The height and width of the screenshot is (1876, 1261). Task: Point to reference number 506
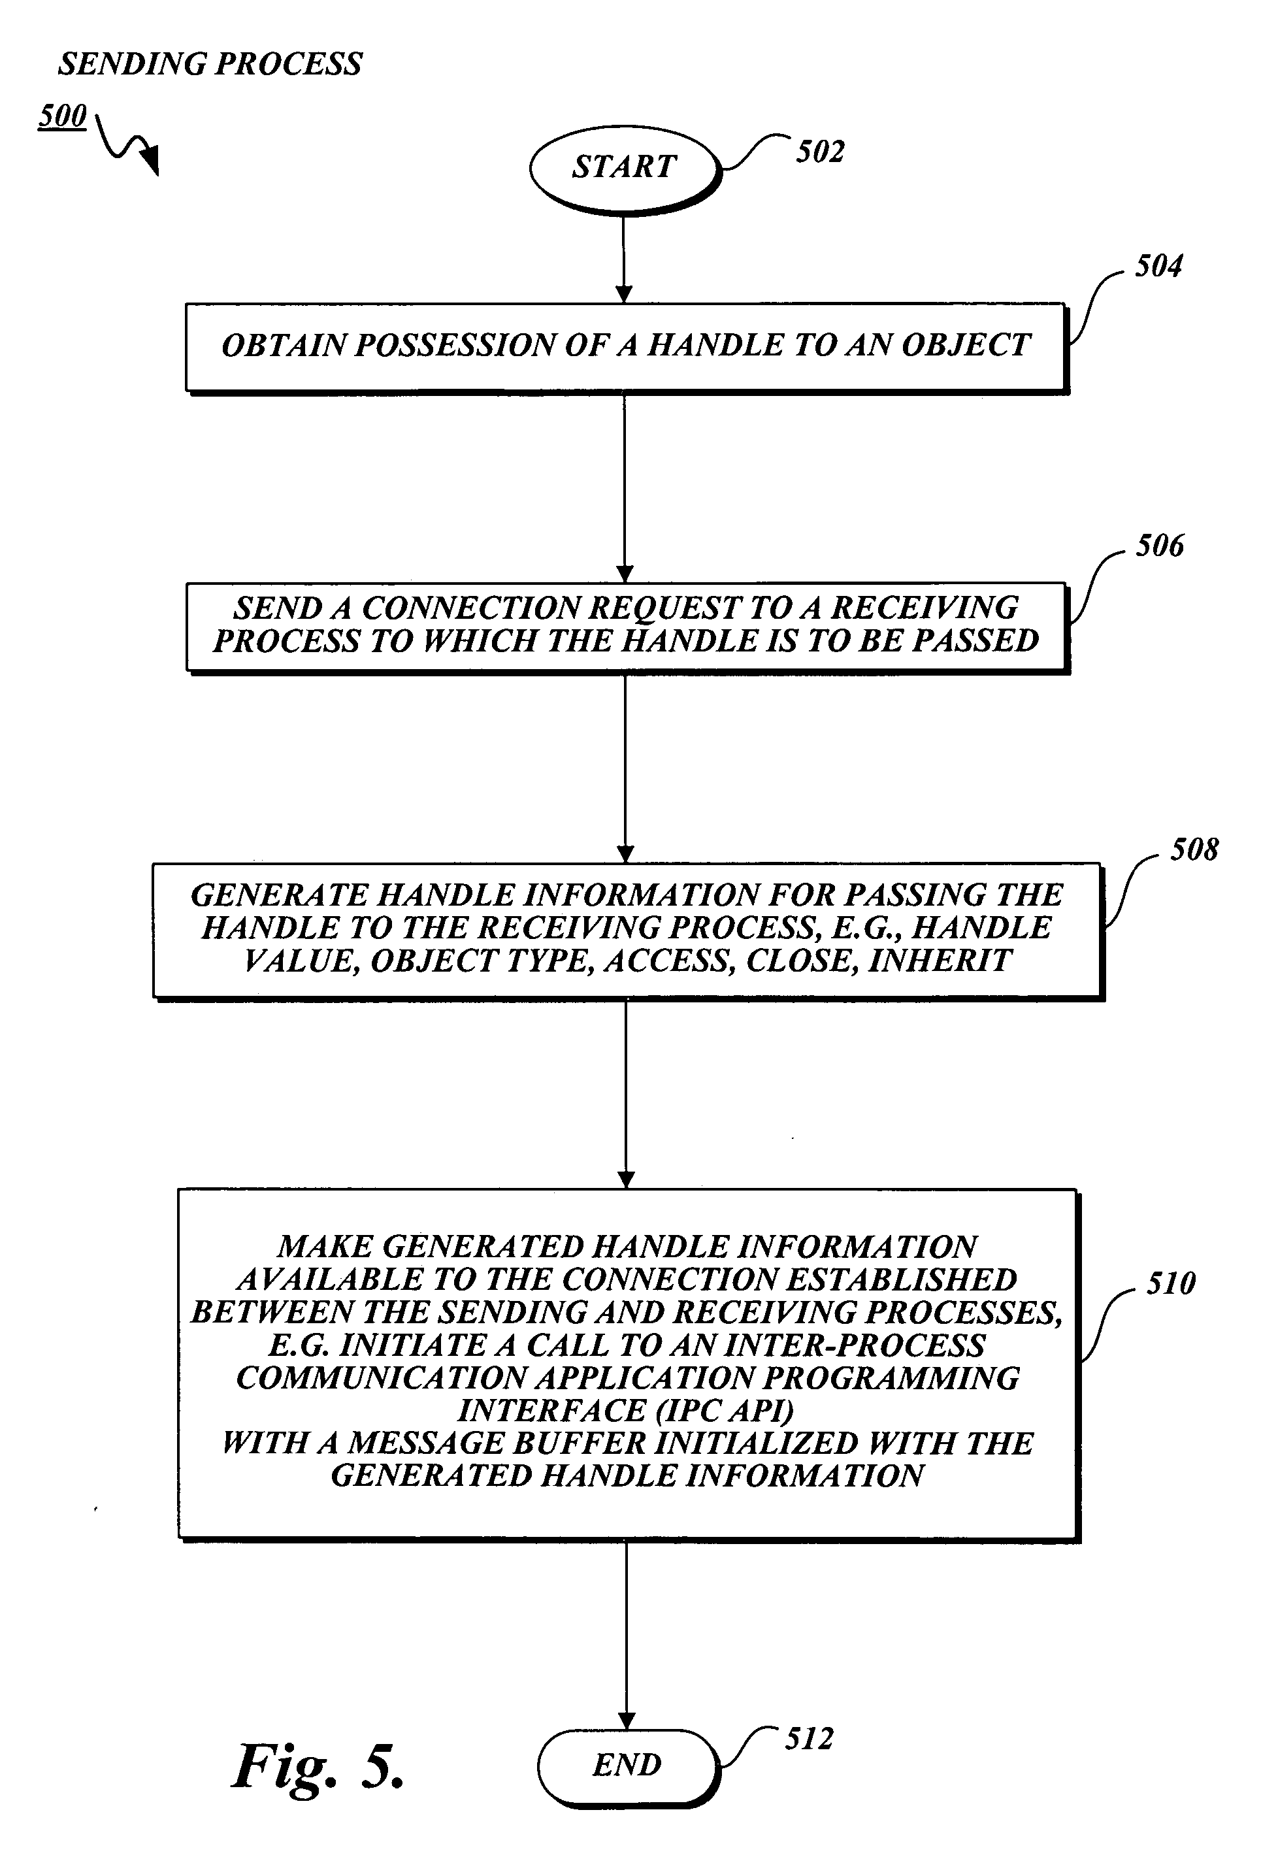tap(1159, 546)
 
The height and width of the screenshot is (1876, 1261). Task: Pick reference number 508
tap(1194, 849)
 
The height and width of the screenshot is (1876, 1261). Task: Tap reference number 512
tap(809, 1739)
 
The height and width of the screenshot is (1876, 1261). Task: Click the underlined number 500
tap(62, 116)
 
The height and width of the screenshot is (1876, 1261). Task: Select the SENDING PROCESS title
tap(210, 64)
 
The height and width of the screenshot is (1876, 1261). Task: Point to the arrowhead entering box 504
tap(623, 293)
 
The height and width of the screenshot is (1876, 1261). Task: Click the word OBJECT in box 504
tap(965, 346)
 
